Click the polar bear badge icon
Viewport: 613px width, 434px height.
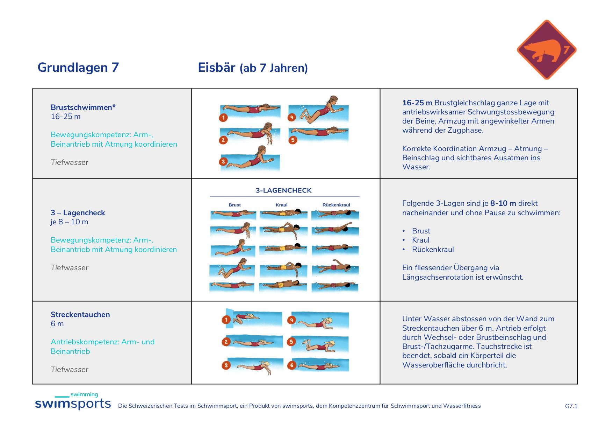(547, 50)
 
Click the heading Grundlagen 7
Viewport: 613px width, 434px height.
(78, 67)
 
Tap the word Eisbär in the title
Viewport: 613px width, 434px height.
(217, 67)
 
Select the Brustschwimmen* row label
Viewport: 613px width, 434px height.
(83, 107)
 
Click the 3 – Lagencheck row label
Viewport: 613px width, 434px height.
(78, 213)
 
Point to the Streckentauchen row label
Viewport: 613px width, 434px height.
(80, 314)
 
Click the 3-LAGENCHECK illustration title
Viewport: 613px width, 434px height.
(284, 190)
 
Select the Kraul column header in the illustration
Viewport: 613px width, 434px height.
(281, 205)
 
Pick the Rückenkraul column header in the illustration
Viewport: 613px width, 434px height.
(336, 205)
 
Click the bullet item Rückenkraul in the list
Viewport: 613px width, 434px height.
(433, 250)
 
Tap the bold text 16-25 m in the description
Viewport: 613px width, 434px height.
(417, 103)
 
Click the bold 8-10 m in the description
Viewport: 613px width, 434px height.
(503, 203)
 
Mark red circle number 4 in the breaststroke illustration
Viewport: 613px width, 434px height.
(292, 117)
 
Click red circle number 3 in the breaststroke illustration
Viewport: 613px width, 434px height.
(223, 162)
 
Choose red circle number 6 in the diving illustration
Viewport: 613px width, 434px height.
(291, 365)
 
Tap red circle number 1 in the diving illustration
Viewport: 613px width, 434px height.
(226, 320)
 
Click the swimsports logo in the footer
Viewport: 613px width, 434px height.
(73, 401)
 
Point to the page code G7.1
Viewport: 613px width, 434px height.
(571, 406)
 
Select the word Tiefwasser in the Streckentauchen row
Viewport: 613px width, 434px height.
(70, 370)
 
